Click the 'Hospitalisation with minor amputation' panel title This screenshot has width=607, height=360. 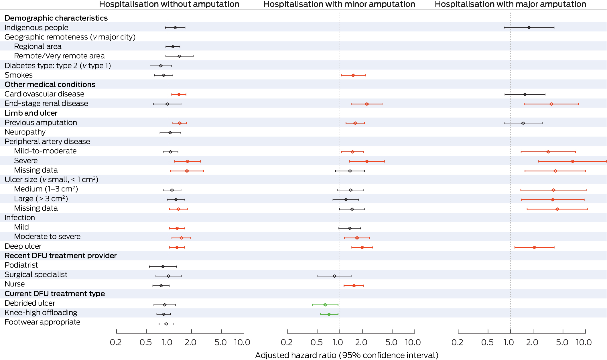point(339,4)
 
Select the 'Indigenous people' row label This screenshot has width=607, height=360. point(36,27)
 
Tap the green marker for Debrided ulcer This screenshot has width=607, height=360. point(325,305)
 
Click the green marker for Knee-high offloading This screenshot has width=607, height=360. point(329,314)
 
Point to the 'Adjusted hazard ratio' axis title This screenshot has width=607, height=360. point(346,355)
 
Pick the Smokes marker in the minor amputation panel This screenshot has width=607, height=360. point(353,75)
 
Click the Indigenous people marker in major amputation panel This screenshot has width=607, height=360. point(529,27)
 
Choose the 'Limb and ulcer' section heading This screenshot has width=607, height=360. point(31,113)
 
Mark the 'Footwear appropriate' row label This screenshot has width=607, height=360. point(42,322)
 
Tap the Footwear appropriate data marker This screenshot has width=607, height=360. point(166,324)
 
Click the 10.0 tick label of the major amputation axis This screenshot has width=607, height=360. point(584,342)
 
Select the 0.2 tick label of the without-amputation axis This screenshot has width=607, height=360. point(116,342)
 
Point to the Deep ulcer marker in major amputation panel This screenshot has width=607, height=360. point(534,247)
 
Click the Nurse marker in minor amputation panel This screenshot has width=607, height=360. point(354,286)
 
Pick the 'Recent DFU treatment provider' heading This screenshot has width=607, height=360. point(61,256)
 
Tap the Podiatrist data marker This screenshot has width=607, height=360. point(163,266)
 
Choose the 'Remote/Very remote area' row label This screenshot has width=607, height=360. point(59,56)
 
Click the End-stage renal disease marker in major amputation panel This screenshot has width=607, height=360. point(551,104)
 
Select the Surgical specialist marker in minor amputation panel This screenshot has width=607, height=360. point(334,276)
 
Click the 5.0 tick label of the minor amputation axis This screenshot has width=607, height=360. point(391,342)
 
